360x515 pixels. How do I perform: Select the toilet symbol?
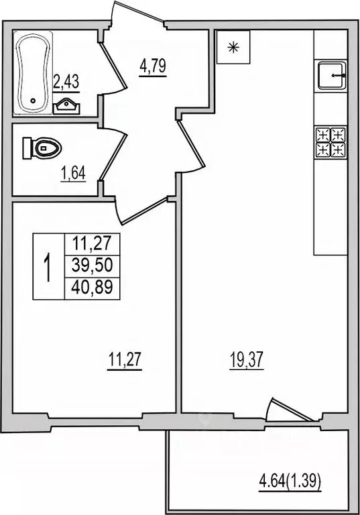click(41, 148)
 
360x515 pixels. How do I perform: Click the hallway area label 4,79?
click(152, 67)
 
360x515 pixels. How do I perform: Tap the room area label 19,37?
click(243, 361)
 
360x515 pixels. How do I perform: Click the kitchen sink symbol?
click(331, 76)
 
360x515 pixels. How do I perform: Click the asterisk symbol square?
click(233, 48)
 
